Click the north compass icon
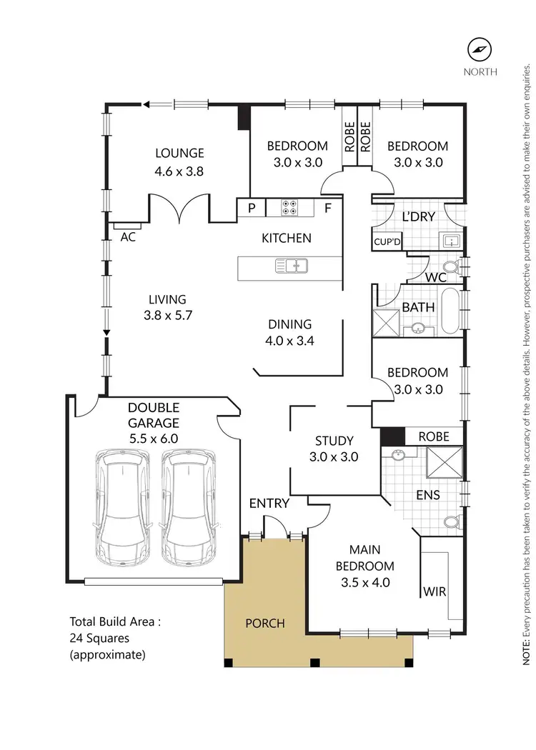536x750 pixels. pyautogui.click(x=480, y=49)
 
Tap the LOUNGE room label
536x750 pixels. pyautogui.click(x=179, y=153)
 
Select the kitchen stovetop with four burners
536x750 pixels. pyautogui.click(x=290, y=208)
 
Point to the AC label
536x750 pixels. pyautogui.click(x=128, y=237)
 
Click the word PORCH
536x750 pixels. pyautogui.click(x=265, y=623)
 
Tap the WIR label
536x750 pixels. pyautogui.click(x=435, y=591)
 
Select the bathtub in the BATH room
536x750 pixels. pyautogui.click(x=450, y=311)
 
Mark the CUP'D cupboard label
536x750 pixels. pyautogui.click(x=387, y=241)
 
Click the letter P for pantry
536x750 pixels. pyautogui.click(x=252, y=209)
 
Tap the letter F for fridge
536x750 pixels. pyautogui.click(x=328, y=209)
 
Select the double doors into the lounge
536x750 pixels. pyautogui.click(x=179, y=209)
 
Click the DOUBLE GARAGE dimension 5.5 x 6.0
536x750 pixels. pyautogui.click(x=153, y=439)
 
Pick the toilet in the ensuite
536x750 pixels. pyautogui.click(x=450, y=522)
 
